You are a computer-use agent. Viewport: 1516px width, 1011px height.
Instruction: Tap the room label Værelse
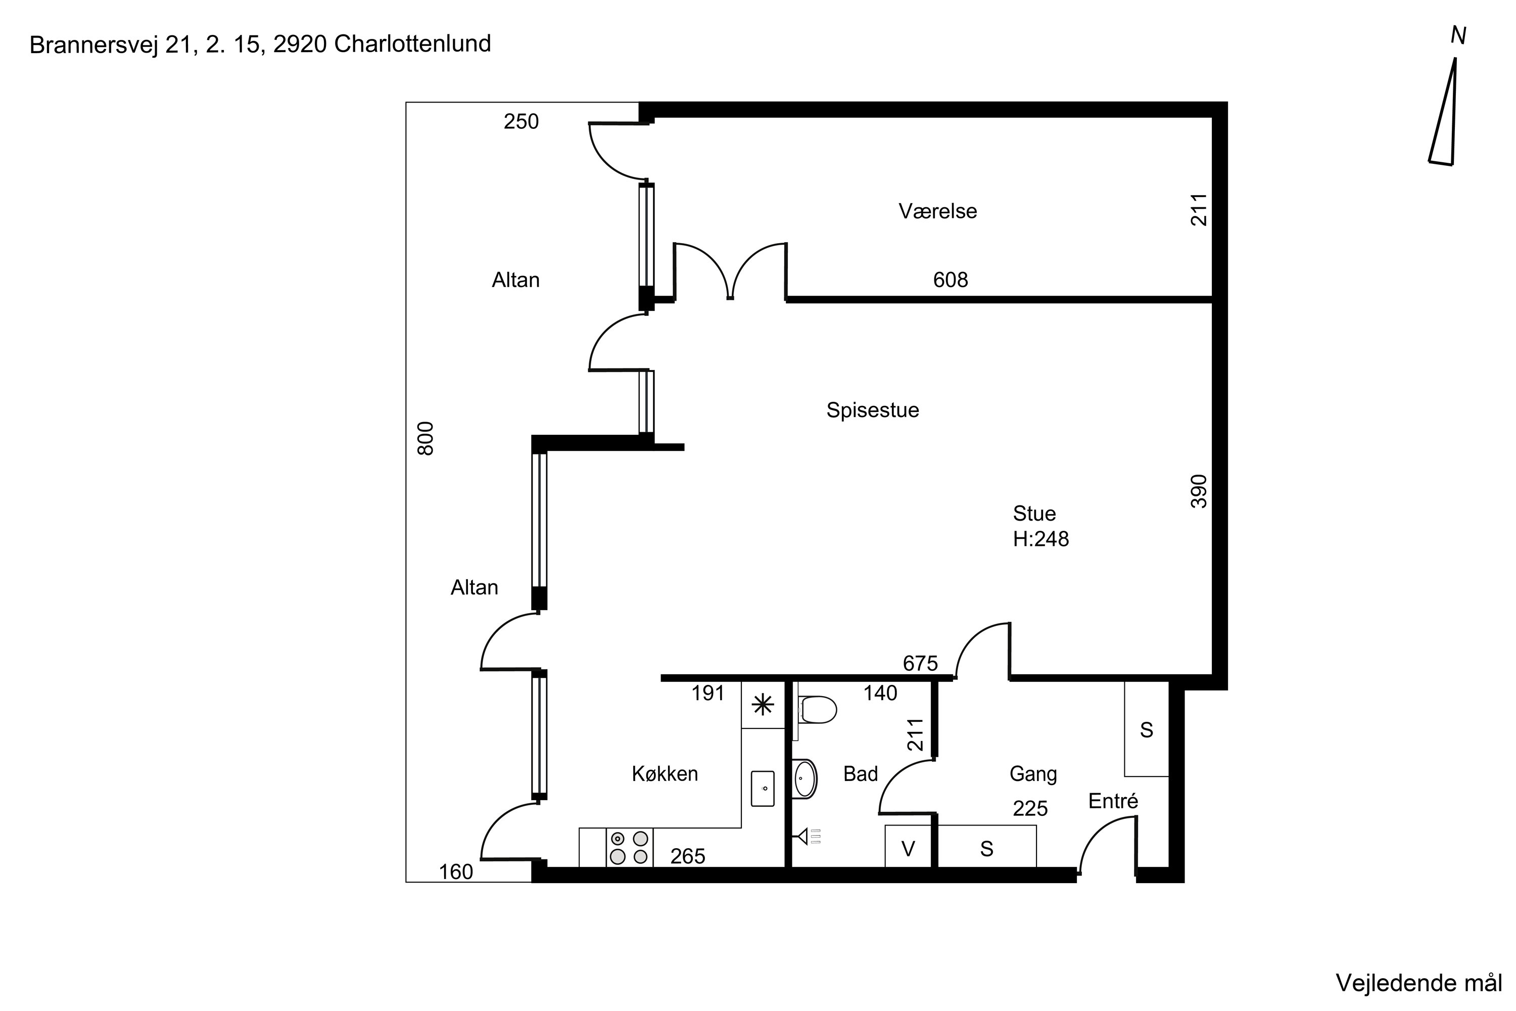(938, 211)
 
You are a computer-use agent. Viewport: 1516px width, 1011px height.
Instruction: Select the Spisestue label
(873, 410)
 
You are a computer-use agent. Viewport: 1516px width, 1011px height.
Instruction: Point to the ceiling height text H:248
(1040, 539)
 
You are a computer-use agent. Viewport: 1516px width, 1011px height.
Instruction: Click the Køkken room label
(665, 774)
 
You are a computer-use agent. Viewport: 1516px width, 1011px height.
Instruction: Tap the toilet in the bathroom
(817, 710)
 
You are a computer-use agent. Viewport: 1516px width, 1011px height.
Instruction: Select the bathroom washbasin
(804, 779)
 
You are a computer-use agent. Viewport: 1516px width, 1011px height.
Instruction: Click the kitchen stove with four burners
(629, 848)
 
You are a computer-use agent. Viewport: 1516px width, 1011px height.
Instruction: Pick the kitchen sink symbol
(763, 788)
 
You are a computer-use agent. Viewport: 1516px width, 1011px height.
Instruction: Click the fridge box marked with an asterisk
(763, 705)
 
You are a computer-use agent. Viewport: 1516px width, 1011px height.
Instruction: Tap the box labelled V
(908, 847)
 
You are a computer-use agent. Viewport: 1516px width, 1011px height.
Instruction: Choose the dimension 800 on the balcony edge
(426, 438)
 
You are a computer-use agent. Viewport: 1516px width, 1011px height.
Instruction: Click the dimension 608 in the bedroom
(951, 280)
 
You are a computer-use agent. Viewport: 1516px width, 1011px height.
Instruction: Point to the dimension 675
(920, 663)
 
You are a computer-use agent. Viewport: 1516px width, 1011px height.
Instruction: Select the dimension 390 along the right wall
(1198, 491)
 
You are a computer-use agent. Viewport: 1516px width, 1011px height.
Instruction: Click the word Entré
(1113, 801)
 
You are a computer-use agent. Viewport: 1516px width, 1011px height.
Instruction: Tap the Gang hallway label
(1033, 774)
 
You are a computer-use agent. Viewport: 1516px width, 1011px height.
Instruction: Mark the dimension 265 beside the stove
(688, 856)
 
